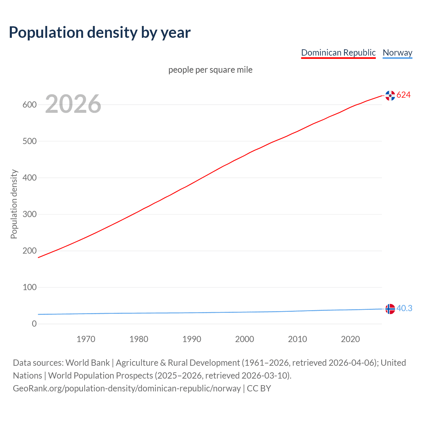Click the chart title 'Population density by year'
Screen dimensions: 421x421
(100, 33)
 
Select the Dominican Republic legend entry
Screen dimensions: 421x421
(338, 53)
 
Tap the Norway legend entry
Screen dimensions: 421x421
(397, 53)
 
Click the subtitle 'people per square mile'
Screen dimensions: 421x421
(210, 70)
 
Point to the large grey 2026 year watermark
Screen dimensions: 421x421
(73, 104)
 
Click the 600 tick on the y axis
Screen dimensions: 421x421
(29, 105)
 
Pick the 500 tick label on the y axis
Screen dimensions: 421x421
(29, 141)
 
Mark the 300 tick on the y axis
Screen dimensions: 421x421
(29, 214)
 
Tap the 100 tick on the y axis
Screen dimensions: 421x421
(29, 287)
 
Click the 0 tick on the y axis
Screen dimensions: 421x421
(34, 324)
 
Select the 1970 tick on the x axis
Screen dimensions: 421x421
(86, 339)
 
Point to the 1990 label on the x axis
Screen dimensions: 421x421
(192, 339)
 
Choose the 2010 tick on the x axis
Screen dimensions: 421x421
(297, 339)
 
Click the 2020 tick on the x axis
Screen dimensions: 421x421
(350, 339)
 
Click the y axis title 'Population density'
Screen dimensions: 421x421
(14, 204)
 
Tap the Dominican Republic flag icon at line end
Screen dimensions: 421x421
(390, 96)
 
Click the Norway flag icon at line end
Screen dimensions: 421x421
(390, 309)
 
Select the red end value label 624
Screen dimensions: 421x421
(404, 95)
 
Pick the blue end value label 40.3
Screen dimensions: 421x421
(404, 308)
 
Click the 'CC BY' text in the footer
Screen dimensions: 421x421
(259, 388)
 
